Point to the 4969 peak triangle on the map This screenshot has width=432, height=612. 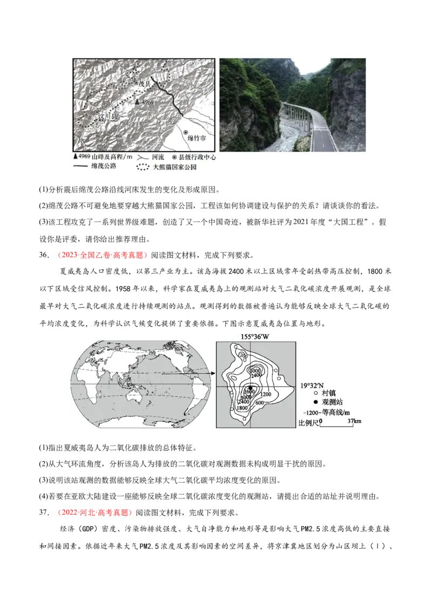click(x=138, y=101)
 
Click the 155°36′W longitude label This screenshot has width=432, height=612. click(x=255, y=336)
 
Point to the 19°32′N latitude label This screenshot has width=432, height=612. click(x=311, y=385)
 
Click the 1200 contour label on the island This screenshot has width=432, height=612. click(x=265, y=394)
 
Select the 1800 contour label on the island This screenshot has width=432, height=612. click(x=242, y=408)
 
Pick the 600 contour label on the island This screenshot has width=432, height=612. click(x=259, y=402)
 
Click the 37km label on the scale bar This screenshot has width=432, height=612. click(x=354, y=421)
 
